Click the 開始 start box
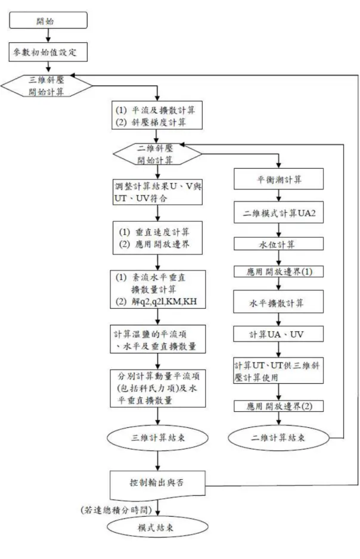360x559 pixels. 48,20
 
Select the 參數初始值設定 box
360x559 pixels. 48,52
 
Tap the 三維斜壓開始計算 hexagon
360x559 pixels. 46,86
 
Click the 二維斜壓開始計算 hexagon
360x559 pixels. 157,154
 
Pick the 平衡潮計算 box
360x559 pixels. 278,179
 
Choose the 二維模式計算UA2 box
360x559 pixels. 278,213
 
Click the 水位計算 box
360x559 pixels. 278,244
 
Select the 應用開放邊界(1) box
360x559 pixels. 278,272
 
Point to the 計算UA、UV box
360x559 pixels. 278,334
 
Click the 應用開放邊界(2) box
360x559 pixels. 278,406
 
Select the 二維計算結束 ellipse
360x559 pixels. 278,437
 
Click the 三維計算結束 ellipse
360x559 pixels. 157,437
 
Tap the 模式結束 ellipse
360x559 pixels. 157,527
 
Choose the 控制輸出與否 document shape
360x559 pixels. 157,484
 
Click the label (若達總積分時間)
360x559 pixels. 116,510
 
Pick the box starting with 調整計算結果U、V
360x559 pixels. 157,192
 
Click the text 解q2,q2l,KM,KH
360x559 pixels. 164,302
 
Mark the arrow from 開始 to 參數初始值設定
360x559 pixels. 48,36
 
